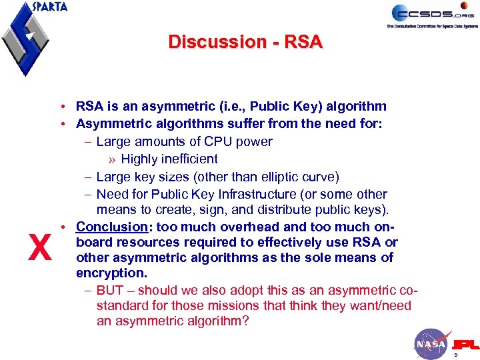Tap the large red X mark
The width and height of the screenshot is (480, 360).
click(41, 249)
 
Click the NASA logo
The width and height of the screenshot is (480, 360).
click(431, 344)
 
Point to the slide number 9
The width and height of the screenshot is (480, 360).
click(455, 355)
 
